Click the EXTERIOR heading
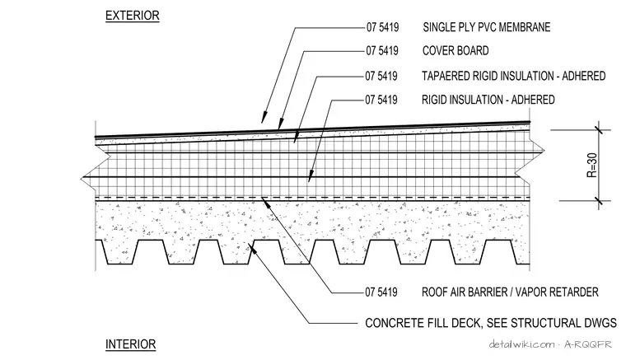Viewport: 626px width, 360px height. [132, 16]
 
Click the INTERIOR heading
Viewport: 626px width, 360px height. [130, 344]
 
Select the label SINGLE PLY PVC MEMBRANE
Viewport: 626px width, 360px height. [487, 27]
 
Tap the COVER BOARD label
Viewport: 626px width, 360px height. [455, 51]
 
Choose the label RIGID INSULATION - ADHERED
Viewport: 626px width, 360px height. [488, 100]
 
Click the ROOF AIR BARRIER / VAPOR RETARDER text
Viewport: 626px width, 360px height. [510, 292]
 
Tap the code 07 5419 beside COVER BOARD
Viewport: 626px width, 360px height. [382, 51]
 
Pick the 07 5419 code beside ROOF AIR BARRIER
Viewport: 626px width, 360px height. [381, 292]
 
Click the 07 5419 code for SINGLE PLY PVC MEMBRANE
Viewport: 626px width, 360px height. [382, 27]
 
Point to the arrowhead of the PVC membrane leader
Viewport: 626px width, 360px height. [264, 118]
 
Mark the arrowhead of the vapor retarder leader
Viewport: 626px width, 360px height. [264, 201]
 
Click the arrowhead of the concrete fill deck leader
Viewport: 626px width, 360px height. [252, 248]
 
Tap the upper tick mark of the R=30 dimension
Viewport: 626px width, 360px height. [599, 130]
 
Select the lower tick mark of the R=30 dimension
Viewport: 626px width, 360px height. [599, 201]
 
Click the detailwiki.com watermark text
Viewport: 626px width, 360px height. [522, 344]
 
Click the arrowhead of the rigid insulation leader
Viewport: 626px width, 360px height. [310, 177]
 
